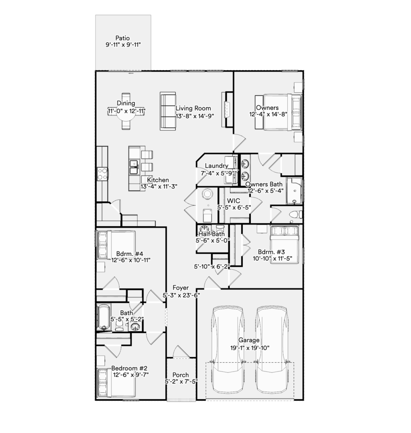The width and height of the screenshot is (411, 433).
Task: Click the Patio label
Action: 122,38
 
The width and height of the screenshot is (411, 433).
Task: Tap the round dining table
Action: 126,111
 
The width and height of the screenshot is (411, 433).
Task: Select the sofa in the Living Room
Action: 168,111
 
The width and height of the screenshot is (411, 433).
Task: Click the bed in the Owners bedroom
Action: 279,112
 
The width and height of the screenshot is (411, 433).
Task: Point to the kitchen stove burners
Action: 103,174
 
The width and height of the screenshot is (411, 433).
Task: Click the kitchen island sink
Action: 134,167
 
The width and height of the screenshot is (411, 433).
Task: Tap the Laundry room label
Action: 217,166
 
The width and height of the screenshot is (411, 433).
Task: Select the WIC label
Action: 233,201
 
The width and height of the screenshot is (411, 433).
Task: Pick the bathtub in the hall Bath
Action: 104,317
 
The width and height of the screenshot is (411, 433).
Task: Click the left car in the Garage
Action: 228,349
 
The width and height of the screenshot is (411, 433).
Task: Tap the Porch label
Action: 181,375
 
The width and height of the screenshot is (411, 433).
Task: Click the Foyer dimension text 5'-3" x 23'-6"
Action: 181,295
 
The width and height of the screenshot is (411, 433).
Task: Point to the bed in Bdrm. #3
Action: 284,244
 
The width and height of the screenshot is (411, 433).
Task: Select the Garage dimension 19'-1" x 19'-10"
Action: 250,348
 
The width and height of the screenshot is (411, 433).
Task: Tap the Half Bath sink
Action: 204,229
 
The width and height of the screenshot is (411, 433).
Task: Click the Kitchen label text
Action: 158,180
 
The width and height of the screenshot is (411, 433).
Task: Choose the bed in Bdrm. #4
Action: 116,245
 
